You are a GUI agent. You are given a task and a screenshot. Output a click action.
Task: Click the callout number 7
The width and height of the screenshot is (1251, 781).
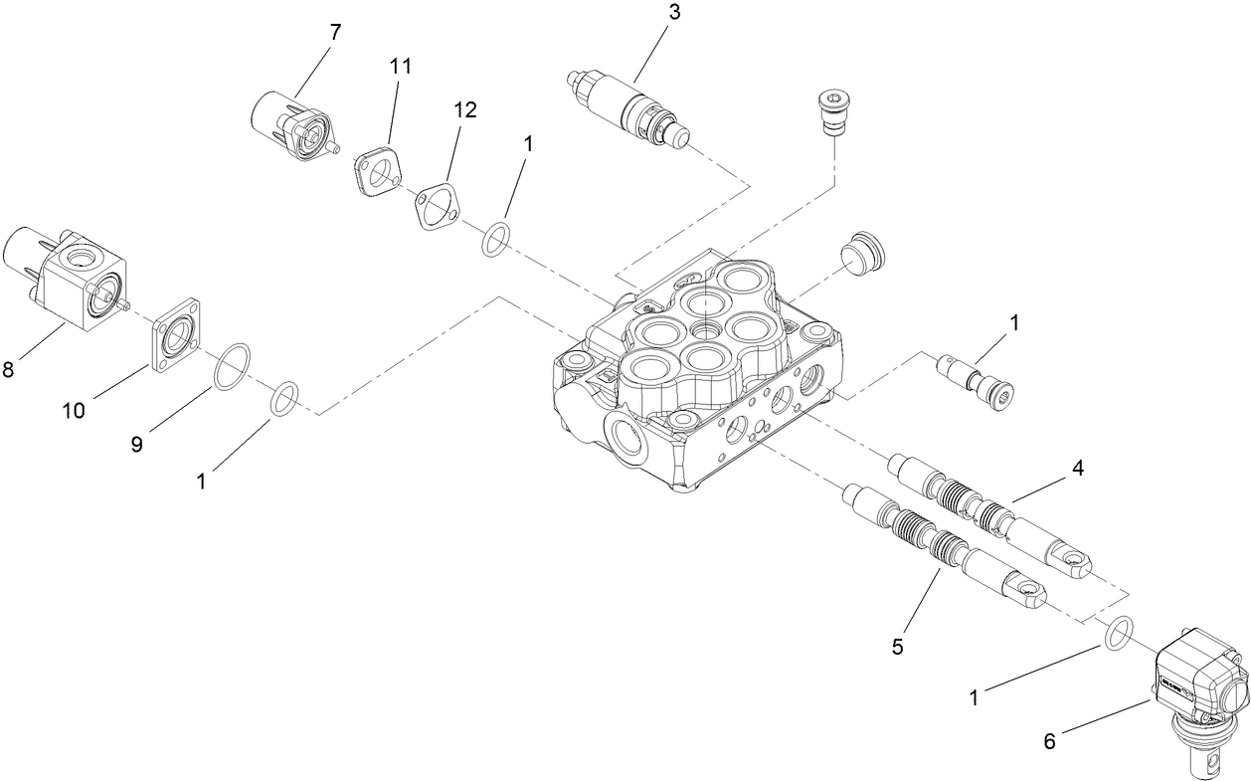pos(334,32)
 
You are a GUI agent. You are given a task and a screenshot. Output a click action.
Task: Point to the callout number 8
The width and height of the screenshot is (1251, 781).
pos(8,370)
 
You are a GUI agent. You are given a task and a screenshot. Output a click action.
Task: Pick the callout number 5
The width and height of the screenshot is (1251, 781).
pos(897,647)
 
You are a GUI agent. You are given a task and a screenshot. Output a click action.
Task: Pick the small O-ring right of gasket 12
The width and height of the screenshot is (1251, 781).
pos(498,240)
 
